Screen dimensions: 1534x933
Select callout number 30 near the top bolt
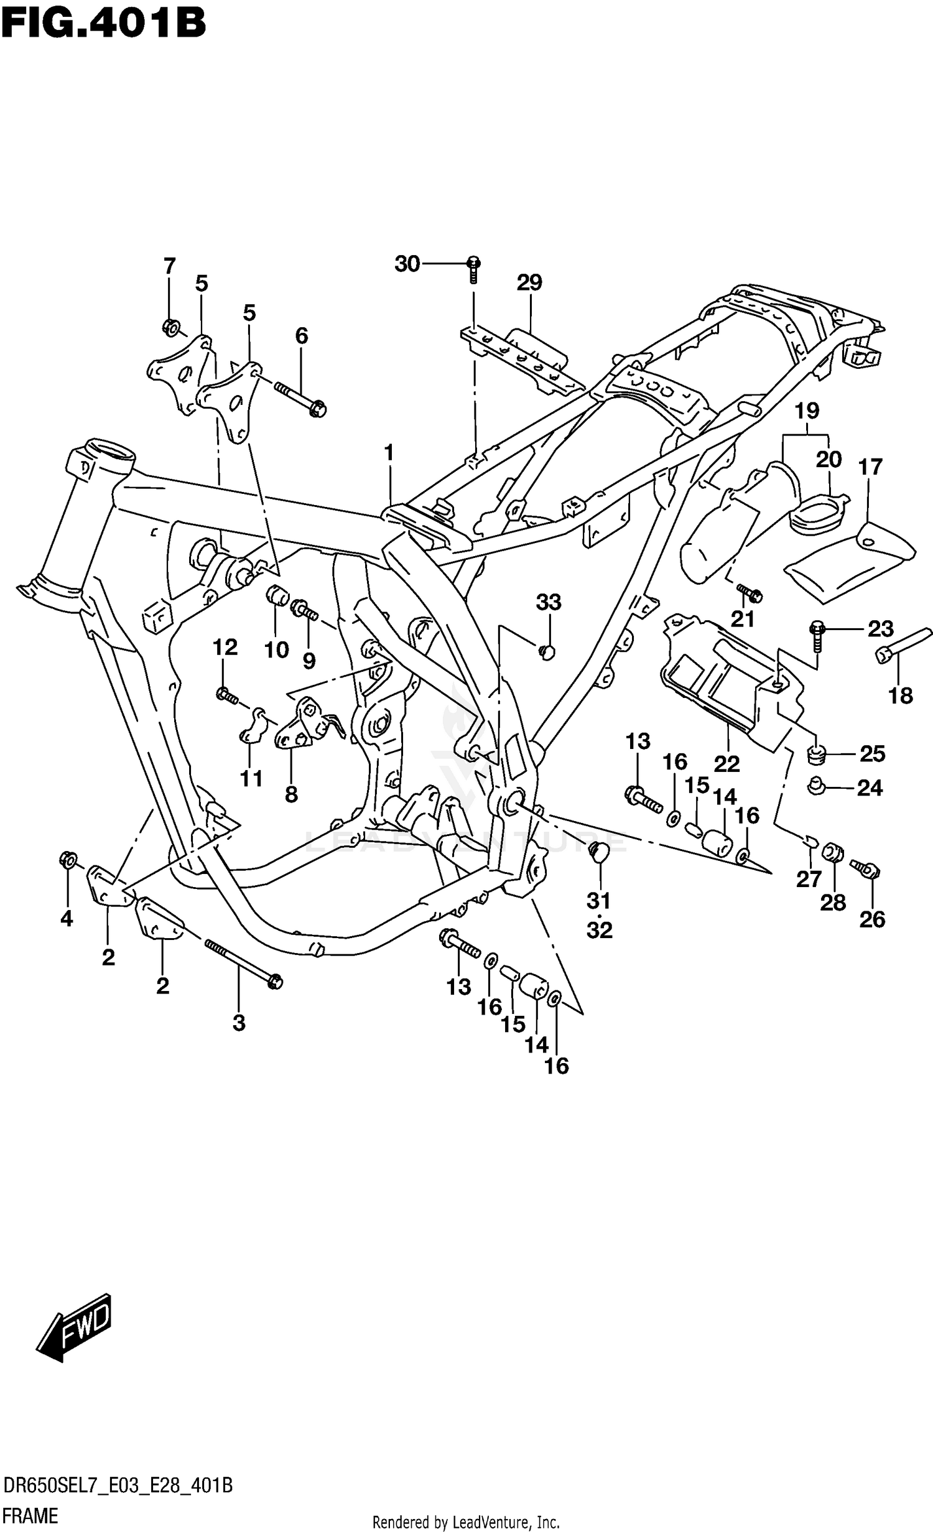(407, 264)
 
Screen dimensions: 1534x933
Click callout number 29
(529, 282)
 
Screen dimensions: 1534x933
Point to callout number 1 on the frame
(389, 453)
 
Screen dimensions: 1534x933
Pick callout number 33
(549, 602)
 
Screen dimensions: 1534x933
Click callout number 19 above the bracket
(807, 411)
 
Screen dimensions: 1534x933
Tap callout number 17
(870, 467)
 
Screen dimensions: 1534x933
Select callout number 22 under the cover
(726, 763)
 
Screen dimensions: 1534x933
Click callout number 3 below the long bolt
(239, 1022)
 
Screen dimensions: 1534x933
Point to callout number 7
(169, 266)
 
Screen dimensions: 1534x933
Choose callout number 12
(225, 648)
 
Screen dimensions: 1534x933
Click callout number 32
(600, 930)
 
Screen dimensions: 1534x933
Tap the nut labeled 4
(68, 860)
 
